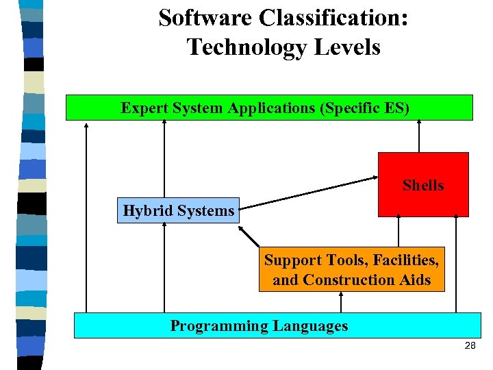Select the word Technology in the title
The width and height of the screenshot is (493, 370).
click(246, 47)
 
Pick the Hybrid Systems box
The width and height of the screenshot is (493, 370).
click(179, 211)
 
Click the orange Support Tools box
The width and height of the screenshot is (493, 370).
click(351, 269)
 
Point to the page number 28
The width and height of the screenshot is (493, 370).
click(470, 346)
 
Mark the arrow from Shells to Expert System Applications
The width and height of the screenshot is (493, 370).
click(418, 136)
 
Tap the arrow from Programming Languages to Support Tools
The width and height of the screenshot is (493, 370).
click(340, 302)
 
